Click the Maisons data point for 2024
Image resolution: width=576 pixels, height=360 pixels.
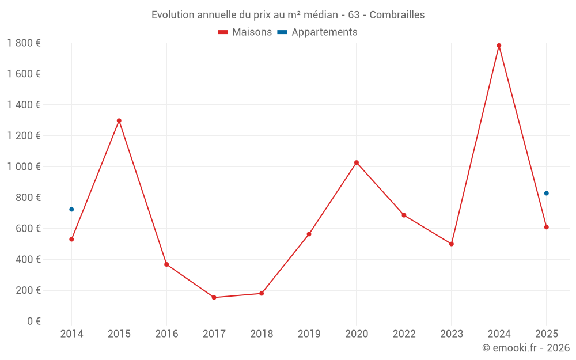click(499, 46)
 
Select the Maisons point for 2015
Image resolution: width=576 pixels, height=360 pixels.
click(119, 120)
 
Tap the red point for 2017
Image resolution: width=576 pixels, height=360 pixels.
click(214, 297)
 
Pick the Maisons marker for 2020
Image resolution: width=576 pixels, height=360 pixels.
click(357, 162)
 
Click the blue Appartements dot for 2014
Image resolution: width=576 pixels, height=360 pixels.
click(71, 209)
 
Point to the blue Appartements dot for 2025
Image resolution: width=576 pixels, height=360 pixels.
click(546, 193)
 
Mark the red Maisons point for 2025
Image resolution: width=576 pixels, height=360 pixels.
click(546, 227)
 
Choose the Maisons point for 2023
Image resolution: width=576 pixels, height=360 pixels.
click(452, 244)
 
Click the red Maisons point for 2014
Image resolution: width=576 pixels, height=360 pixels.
click(71, 239)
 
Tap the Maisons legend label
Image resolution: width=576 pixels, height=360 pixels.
click(252, 32)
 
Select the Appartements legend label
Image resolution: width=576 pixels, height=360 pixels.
click(324, 32)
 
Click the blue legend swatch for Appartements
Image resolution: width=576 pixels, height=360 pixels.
click(282, 32)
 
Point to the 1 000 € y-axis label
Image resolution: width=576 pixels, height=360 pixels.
click(24, 166)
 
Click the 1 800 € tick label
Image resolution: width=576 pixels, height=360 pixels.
click(24, 43)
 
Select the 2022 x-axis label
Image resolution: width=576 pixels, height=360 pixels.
click(404, 334)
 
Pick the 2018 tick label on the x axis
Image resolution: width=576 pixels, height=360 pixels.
click(262, 334)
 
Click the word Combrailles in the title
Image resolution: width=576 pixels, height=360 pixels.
click(397, 14)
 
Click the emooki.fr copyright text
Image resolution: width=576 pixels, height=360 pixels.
click(526, 347)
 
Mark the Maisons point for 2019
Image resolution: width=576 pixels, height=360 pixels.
click(309, 234)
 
